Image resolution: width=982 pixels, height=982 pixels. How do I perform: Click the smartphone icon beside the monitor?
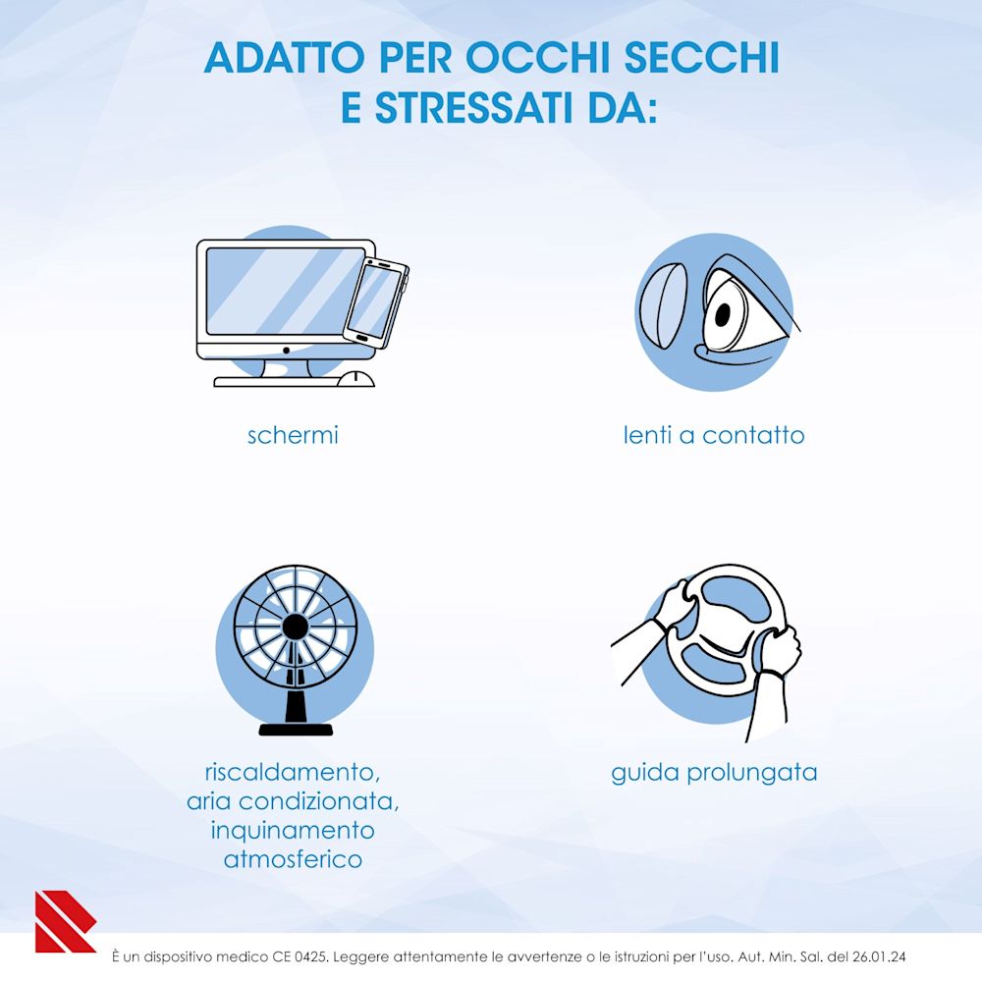coord(376,301)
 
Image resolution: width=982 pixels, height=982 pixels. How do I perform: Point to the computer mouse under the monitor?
coord(355,379)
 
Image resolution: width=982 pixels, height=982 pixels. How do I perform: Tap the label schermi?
coord(293,434)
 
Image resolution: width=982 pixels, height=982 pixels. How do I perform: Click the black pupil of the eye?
coord(724,315)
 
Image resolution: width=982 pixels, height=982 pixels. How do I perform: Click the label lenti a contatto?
coord(714,434)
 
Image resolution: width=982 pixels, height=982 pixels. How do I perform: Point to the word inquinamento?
coord(293,830)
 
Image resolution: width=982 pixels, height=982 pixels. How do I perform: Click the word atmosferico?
coord(293,859)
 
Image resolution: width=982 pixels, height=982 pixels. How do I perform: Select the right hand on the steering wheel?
coord(778,648)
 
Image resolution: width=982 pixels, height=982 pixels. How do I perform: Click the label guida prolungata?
coord(714,773)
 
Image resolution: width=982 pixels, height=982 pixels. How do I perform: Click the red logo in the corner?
coord(63,921)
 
